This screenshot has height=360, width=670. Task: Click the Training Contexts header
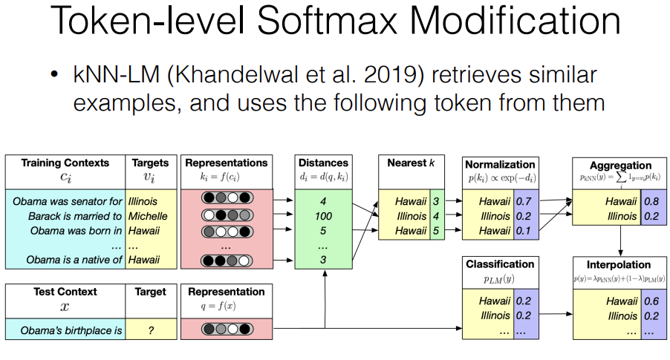[65, 163]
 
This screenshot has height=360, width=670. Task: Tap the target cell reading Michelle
[148, 215]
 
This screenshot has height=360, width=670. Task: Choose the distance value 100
[322, 215]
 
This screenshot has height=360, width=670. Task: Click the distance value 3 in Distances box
[322, 260]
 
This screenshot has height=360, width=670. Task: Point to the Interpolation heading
[618, 264]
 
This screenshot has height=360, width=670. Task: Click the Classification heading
[500, 264]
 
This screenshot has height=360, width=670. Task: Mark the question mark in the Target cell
[151, 330]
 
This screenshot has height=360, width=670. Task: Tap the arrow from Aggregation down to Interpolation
[619, 238]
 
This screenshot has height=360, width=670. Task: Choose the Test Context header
[65, 292]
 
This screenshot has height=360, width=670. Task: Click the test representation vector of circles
[225, 330]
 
